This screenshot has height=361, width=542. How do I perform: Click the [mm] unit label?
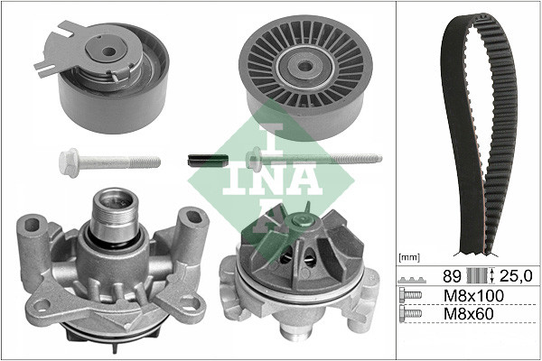click(409, 258)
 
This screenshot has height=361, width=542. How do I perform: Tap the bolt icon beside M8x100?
click(411, 295)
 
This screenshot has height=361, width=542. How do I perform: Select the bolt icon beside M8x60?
click(411, 315)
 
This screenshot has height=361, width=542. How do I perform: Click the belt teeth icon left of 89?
click(411, 276)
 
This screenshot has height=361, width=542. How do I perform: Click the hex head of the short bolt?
click(69, 163)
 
